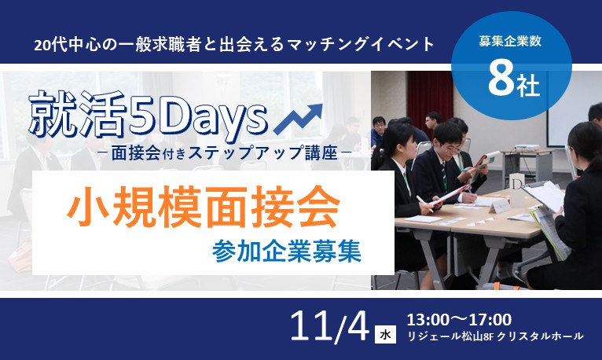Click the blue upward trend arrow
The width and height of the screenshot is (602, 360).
tap(299, 119)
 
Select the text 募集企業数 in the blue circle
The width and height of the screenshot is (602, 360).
tap(510, 41)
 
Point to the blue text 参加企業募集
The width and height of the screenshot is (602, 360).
tap(287, 251)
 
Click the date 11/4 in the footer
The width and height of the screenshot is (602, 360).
tap(329, 326)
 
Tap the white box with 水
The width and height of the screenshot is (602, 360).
tap(385, 334)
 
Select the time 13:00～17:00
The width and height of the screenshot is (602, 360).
tap(459, 319)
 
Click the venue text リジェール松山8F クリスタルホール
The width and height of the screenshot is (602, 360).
tap(495, 336)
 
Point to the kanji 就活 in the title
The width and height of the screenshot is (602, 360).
tap(78, 114)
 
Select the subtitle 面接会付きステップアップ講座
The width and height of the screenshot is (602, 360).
tap(225, 153)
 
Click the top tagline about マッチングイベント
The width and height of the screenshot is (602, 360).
tap(234, 45)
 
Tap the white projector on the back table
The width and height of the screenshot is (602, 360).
tap(527, 147)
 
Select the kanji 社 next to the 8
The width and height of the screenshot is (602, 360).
tap(528, 86)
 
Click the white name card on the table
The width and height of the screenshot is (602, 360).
tap(499, 207)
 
